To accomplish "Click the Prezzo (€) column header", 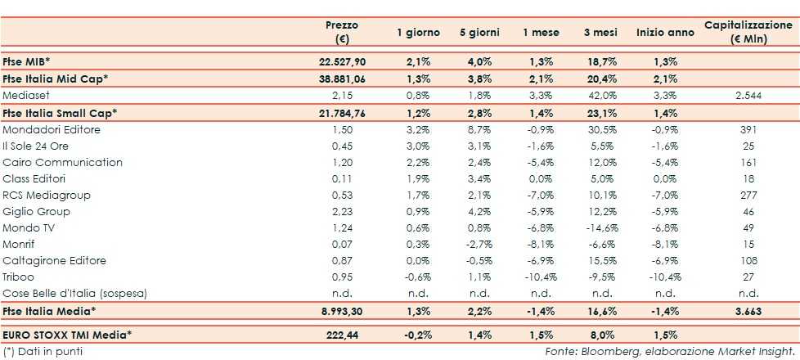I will pos(341,32).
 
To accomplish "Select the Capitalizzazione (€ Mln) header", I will pos(748,32).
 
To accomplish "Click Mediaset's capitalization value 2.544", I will pos(748,95).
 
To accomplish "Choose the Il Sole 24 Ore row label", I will pos(37,146).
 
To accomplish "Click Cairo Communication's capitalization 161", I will pos(748,162).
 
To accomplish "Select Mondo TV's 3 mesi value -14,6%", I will pos(600,227).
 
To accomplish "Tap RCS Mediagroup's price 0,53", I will pos(341,195).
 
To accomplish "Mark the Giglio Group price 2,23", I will pos(341,211).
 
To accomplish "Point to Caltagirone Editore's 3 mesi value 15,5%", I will pos(600,260).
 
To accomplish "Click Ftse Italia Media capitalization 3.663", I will pos(748,311).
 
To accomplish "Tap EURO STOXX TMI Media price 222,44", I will pos(341,335).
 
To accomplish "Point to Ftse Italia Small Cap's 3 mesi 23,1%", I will pos(600,111).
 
